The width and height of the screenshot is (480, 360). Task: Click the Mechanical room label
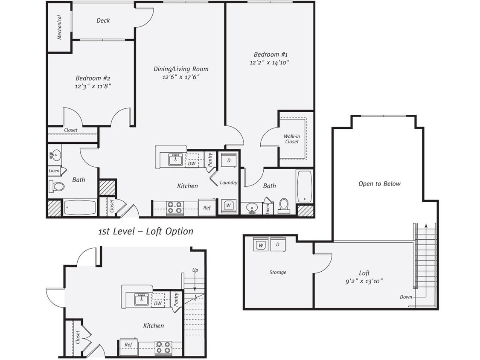click(x=59, y=27)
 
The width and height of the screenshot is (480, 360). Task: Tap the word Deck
click(x=103, y=20)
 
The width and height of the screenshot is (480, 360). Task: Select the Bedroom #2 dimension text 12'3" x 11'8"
click(x=93, y=86)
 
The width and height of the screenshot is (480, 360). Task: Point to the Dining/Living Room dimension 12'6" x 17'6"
click(x=181, y=77)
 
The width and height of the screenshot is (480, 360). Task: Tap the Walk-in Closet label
click(x=292, y=139)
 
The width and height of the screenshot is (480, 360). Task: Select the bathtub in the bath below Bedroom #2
click(x=80, y=208)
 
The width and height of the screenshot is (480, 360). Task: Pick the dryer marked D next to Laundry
click(x=229, y=160)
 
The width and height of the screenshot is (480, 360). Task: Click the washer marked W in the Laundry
click(x=228, y=205)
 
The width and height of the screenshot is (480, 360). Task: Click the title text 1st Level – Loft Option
click(x=145, y=232)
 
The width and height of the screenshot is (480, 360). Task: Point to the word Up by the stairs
click(x=195, y=270)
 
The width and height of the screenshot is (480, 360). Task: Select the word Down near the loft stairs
click(x=406, y=297)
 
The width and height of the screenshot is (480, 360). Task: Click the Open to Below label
click(x=379, y=184)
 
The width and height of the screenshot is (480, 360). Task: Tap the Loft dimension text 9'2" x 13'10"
click(x=364, y=281)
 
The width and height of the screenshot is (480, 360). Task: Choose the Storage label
click(x=277, y=272)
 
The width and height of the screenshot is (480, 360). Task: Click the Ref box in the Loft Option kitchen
click(x=128, y=345)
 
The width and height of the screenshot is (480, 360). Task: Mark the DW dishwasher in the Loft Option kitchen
click(x=158, y=303)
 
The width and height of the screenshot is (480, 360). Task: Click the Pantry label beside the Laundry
click(x=210, y=160)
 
